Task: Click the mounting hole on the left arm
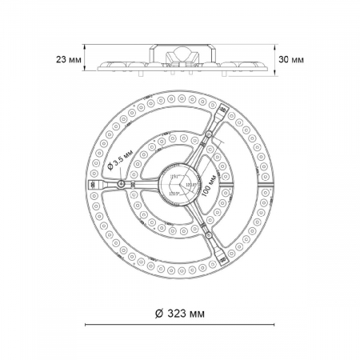tap(120, 185)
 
